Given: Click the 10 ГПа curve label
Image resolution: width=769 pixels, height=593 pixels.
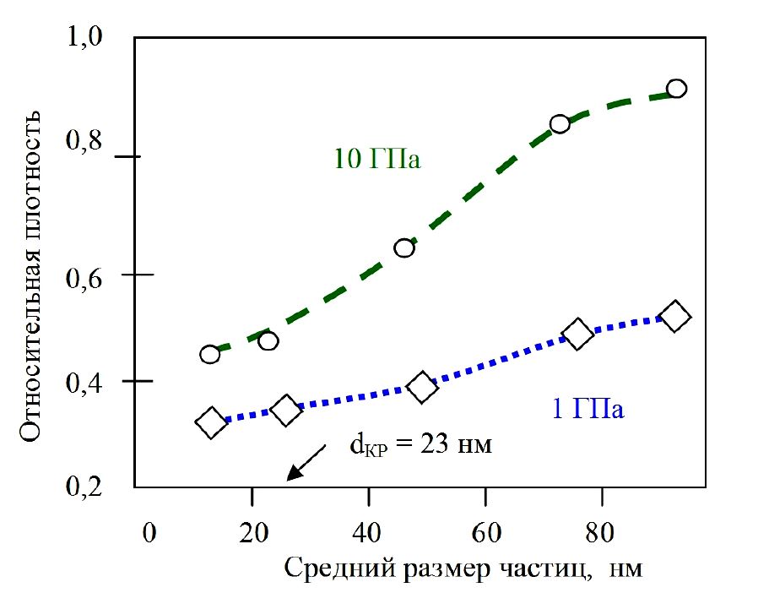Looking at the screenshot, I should click(x=377, y=160).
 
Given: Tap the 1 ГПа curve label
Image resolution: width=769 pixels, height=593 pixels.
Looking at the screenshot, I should click(x=588, y=411).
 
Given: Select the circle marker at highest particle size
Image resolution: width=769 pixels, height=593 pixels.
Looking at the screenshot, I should click(x=676, y=89).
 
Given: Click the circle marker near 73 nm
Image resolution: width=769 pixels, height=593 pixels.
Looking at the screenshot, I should click(x=560, y=124).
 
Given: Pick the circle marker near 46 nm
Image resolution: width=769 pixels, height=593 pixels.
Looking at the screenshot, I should click(x=404, y=248).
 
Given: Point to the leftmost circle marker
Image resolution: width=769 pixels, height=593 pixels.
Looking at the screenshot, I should click(x=210, y=354).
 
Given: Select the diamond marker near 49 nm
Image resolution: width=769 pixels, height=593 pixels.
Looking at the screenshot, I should click(x=422, y=388).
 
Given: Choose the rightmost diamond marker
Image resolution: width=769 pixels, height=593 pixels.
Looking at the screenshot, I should click(x=674, y=317).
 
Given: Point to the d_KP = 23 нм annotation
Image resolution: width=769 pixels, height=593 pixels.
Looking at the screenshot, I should click(x=420, y=444).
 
